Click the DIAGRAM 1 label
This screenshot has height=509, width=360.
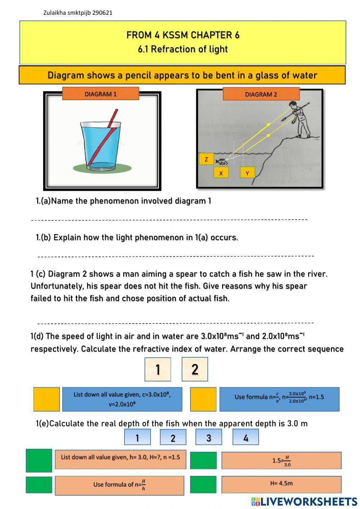100,94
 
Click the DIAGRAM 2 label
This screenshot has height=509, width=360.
261,94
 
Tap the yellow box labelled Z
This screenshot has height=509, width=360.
206,159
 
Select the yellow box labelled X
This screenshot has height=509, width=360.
221,173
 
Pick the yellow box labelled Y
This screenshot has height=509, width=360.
247,173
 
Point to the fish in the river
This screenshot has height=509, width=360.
220,161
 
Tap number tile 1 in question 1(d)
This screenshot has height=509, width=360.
158,369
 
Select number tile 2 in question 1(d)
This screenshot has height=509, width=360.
195,369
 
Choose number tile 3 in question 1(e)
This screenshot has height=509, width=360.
209,437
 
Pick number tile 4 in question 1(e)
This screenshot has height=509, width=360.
246,437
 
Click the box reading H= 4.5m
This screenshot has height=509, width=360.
281,484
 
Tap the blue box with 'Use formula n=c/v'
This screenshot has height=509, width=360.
279,399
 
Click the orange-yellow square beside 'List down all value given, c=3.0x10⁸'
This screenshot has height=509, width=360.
46,399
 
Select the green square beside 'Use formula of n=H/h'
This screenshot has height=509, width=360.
39,485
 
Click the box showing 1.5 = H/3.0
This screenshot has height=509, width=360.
281,461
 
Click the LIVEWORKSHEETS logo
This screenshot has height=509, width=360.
304,501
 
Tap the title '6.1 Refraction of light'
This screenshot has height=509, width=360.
183,49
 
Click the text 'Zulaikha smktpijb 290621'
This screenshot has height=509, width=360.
78,13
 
